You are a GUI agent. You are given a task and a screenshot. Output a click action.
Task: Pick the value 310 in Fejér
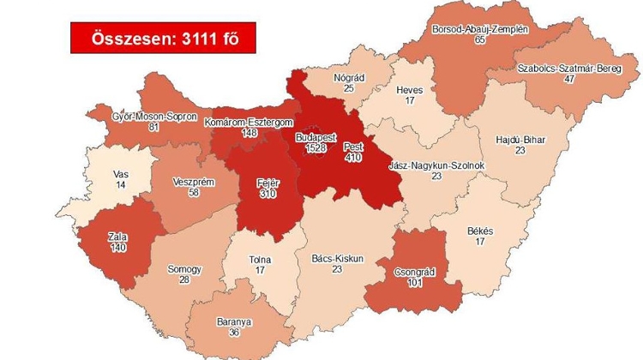pyautogui.click(x=267, y=194)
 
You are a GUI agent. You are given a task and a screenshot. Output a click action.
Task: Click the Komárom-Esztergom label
pyautogui.click(x=244, y=123)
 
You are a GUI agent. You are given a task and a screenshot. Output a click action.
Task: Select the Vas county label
pyautogui.click(x=121, y=174)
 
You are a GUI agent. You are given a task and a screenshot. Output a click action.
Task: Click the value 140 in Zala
pyautogui.click(x=117, y=246)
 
